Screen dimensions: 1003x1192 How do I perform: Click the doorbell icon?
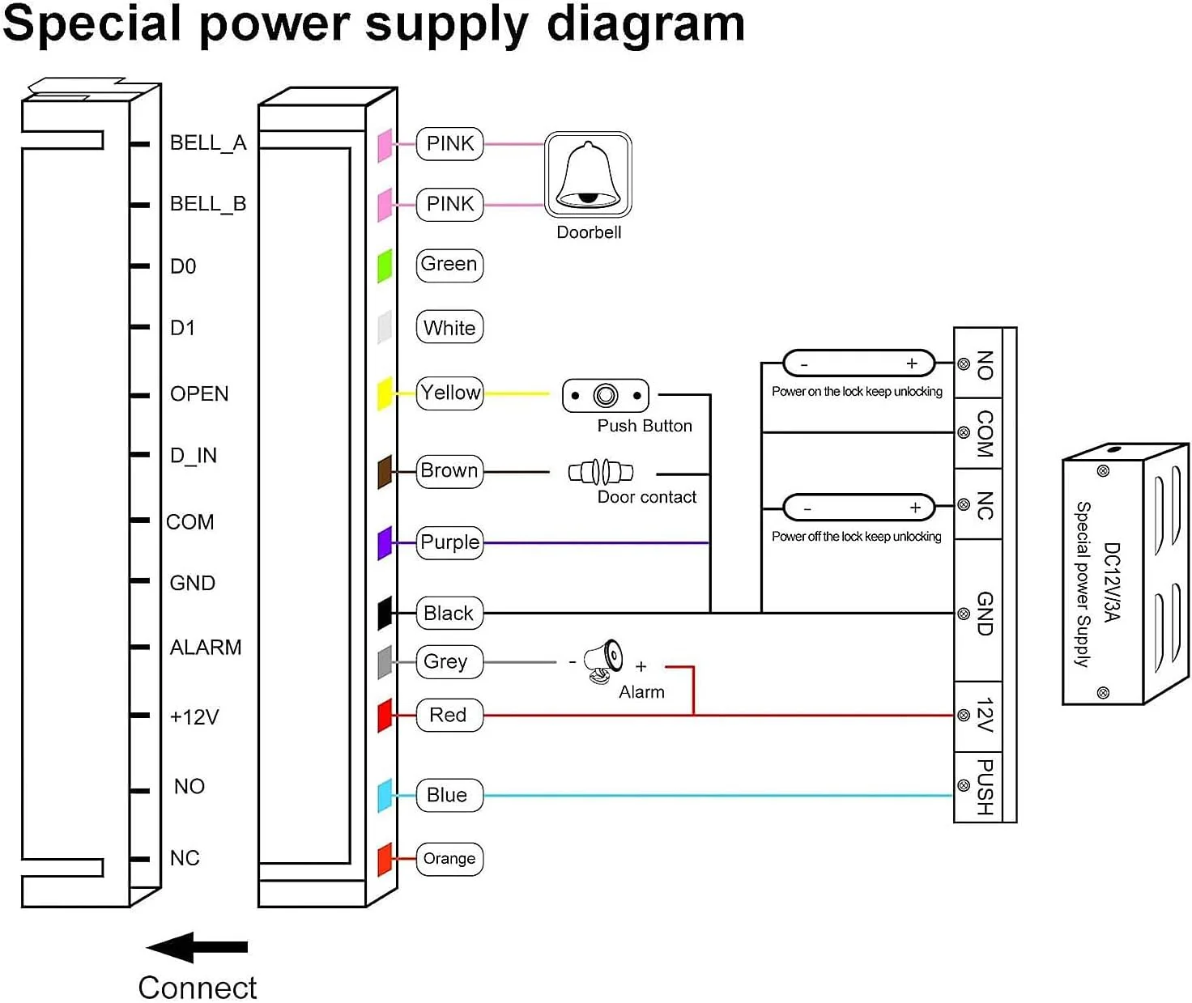[588, 175]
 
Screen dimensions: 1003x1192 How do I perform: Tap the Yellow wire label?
[450, 393]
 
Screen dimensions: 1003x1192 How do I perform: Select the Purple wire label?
[450, 542]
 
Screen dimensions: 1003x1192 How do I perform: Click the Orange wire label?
[449, 859]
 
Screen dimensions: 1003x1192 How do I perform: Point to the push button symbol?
[606, 396]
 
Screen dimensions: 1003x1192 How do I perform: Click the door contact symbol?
[601, 471]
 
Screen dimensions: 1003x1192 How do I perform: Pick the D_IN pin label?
[194, 456]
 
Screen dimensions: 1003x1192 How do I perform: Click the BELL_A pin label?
[208, 143]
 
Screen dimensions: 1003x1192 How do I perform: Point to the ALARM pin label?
[206, 648]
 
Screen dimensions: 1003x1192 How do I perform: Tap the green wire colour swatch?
[385, 266]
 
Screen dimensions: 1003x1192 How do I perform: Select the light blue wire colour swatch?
[385, 795]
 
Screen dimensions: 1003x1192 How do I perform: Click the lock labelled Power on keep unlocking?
[858, 363]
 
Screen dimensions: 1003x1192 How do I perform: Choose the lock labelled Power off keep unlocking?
[859, 508]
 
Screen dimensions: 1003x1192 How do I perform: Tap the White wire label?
[449, 328]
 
